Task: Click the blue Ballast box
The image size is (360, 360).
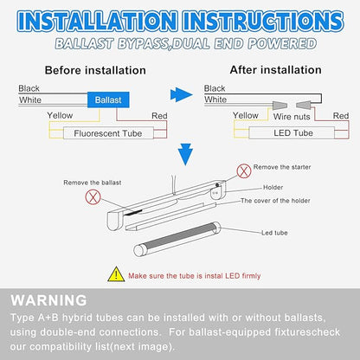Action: [108, 100]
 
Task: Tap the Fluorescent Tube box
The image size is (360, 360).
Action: [108, 133]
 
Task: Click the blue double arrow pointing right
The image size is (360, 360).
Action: [181, 94]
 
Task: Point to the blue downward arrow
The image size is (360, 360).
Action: [185, 154]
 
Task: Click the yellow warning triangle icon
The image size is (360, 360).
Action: [116, 274]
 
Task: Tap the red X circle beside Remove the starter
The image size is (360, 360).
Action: [244, 171]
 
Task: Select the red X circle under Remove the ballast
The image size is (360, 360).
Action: [93, 197]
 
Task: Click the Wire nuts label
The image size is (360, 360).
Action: [292, 117]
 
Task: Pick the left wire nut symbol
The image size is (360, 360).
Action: [280, 106]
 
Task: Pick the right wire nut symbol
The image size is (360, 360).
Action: [304, 105]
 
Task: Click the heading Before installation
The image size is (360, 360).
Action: [95, 70]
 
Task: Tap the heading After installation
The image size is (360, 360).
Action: [275, 70]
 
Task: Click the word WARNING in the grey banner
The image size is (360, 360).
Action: [48, 300]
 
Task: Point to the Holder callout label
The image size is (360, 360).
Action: [273, 187]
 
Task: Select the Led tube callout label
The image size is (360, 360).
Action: [274, 233]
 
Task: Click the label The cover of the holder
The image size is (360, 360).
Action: [275, 201]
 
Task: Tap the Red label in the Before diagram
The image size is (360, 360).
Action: [159, 116]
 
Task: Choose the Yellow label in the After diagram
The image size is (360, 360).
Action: [246, 115]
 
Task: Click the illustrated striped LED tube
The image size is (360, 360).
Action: [177, 239]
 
